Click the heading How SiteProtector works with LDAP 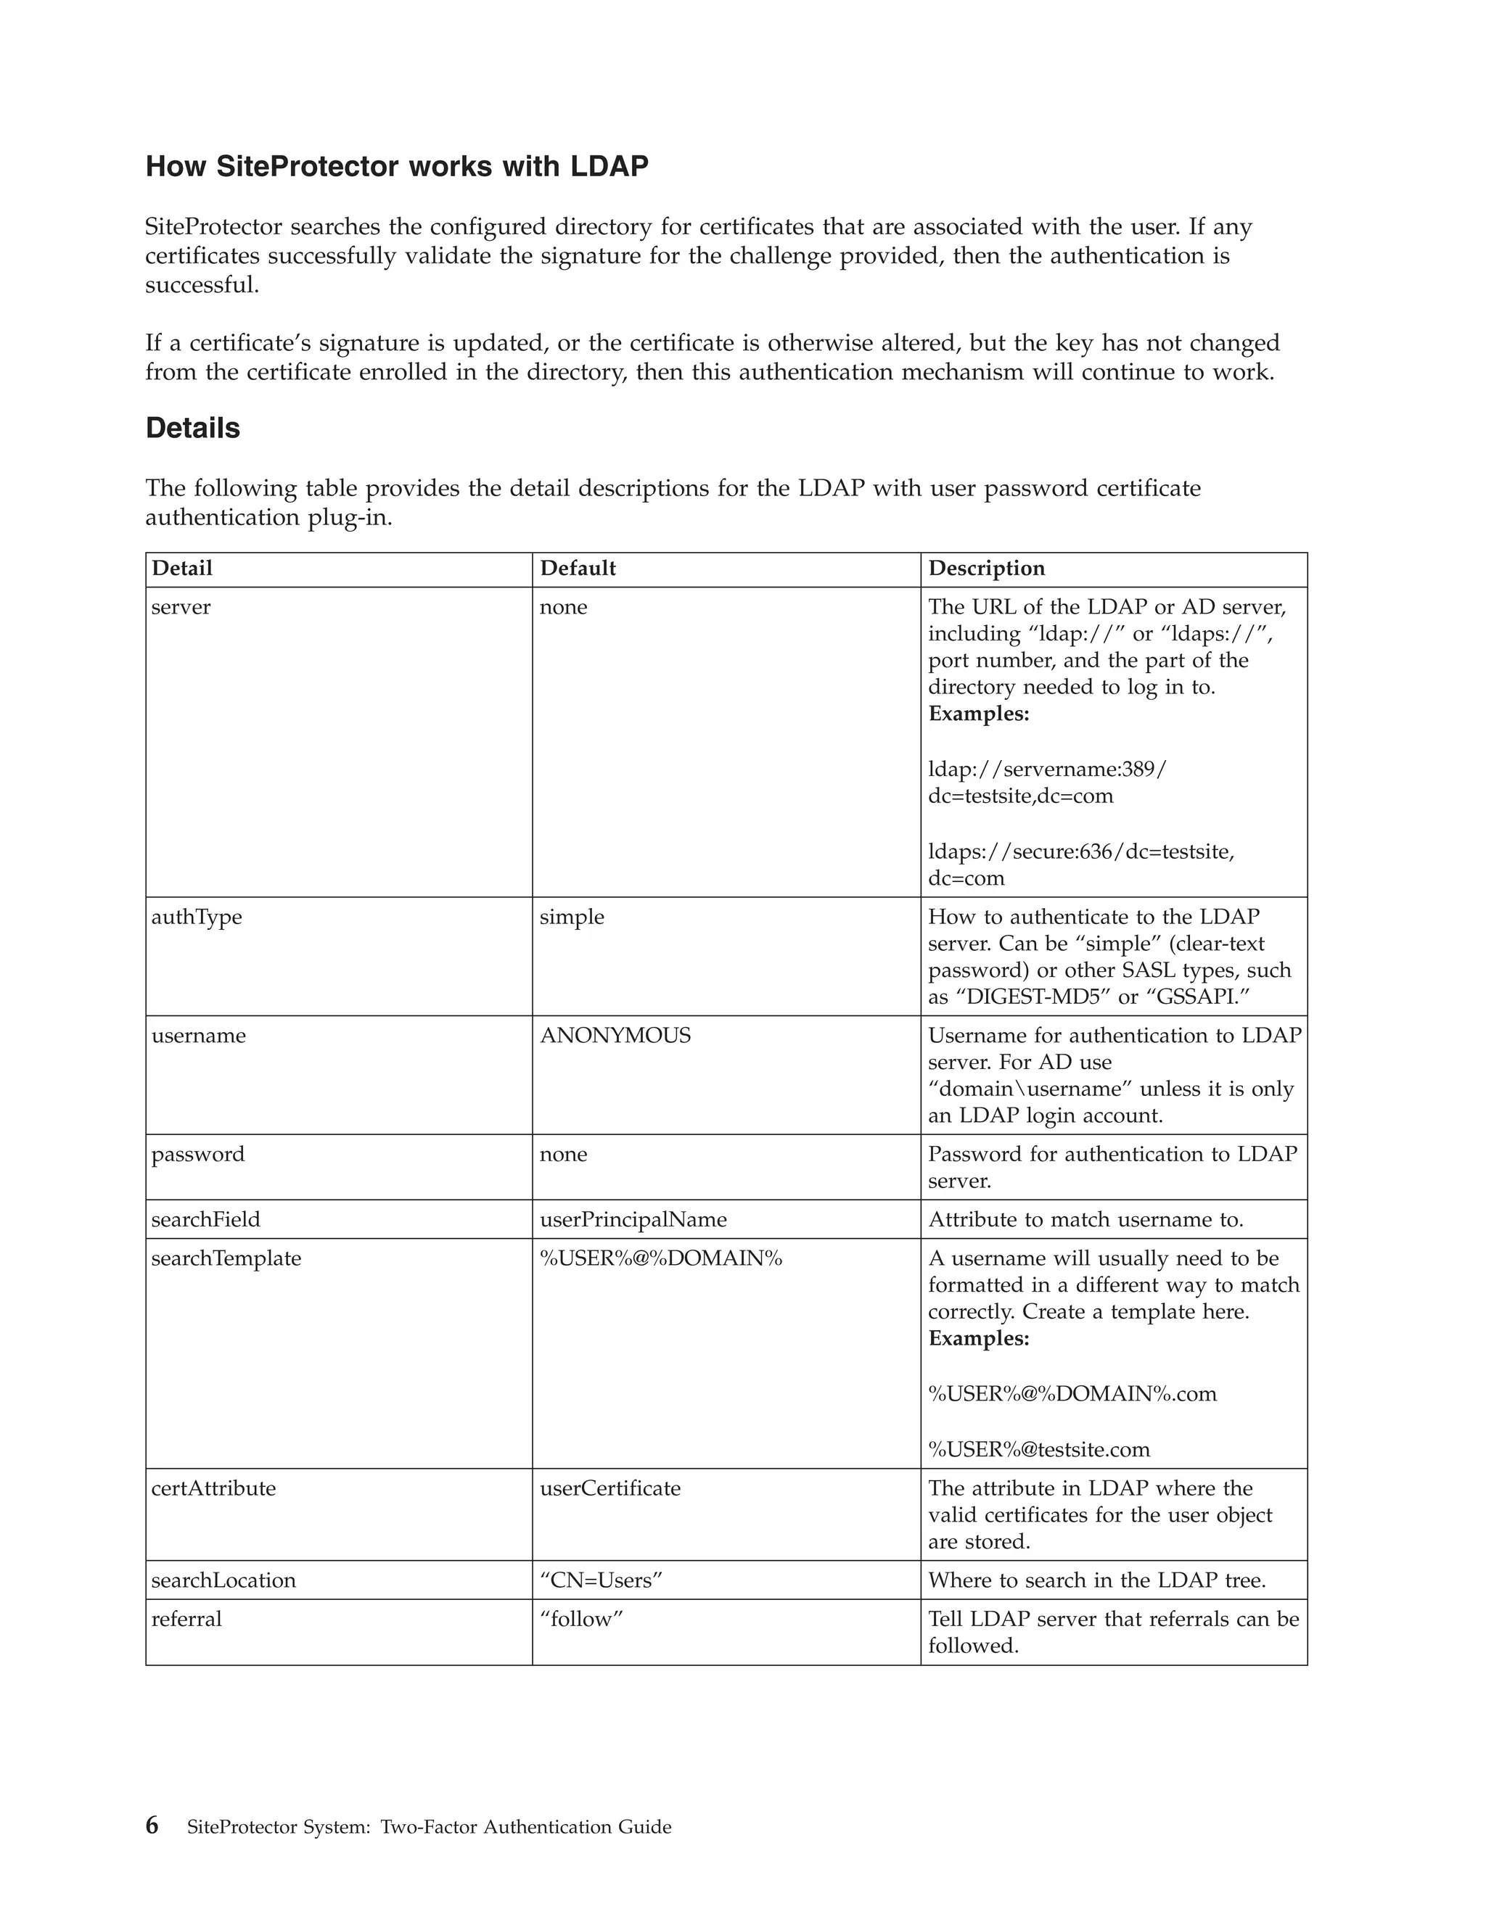396,166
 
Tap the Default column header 578,569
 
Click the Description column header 986,569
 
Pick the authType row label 197,917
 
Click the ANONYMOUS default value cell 615,1036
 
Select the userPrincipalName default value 633,1220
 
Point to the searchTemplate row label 226,1258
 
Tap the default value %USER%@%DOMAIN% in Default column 660,1258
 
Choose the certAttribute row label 213,1488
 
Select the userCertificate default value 610,1488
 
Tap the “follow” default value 581,1620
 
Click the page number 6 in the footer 152,1826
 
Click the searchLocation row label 223,1580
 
